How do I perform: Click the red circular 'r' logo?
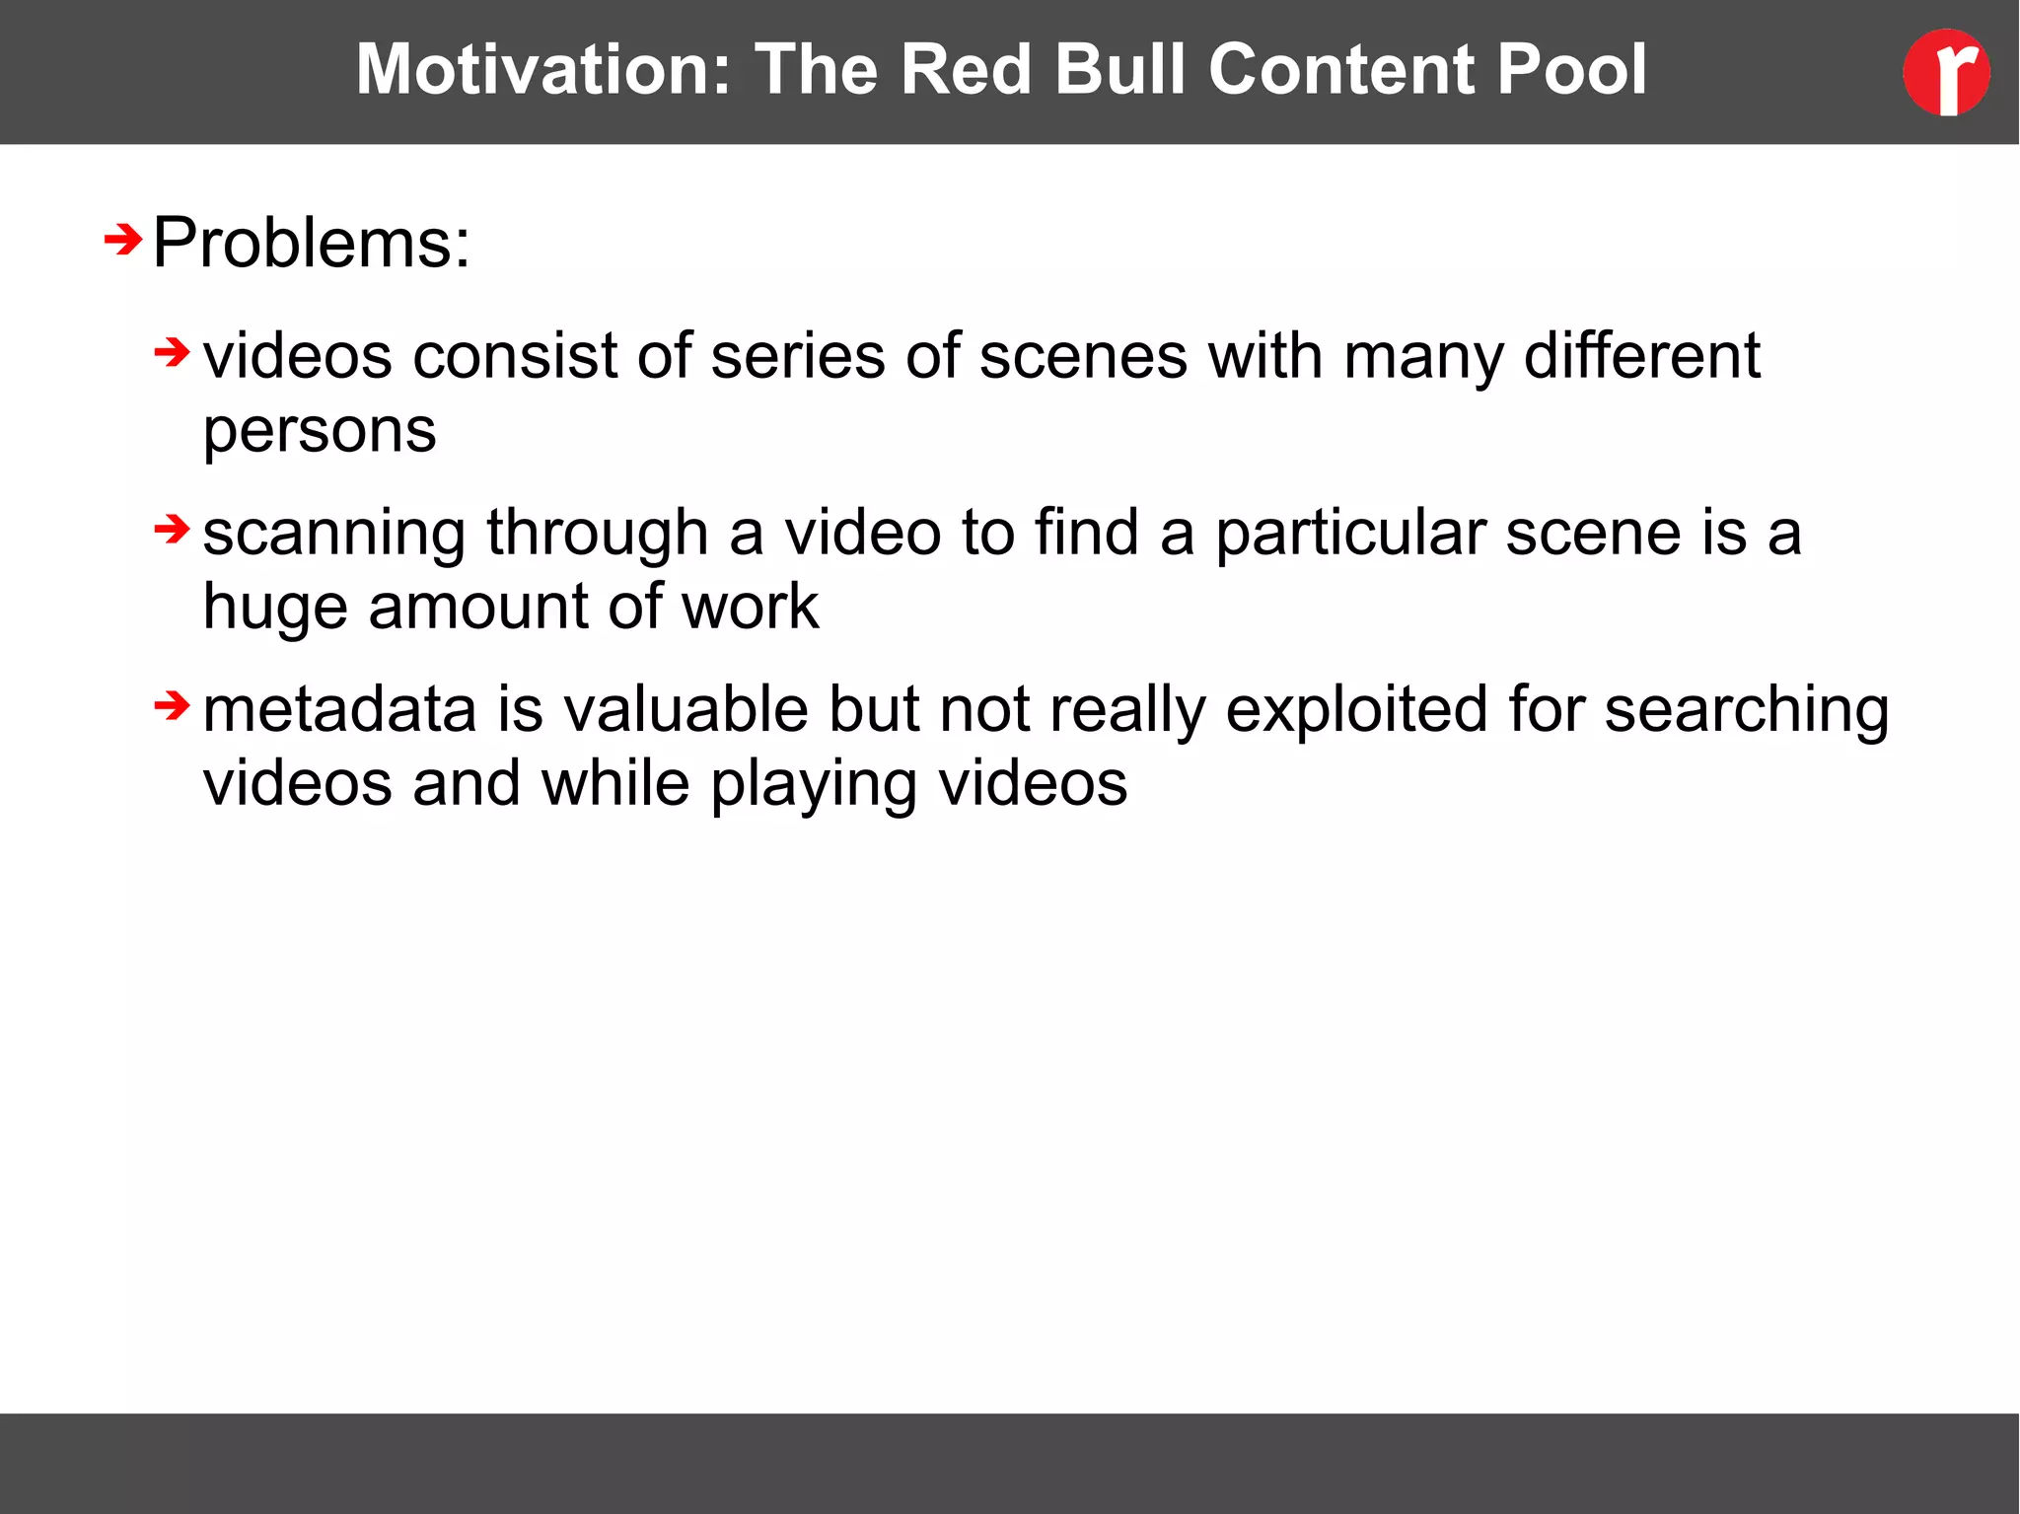(1945, 72)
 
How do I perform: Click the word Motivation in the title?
(543, 69)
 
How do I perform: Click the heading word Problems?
(312, 243)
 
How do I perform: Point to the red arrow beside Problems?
(123, 240)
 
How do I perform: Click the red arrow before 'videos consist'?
(173, 352)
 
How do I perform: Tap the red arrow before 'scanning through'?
(173, 530)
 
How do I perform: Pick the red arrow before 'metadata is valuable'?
(173, 706)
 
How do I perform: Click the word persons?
(320, 431)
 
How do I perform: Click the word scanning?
(333, 534)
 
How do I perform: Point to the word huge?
(274, 608)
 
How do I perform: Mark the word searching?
(1747, 711)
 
